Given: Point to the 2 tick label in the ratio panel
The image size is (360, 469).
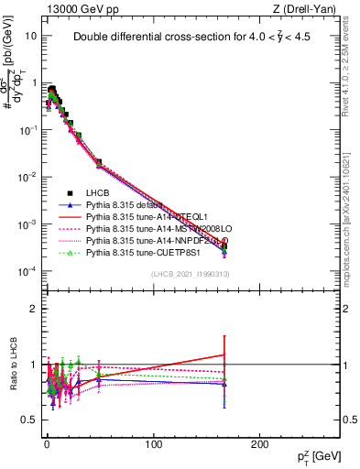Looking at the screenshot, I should (33, 309).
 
